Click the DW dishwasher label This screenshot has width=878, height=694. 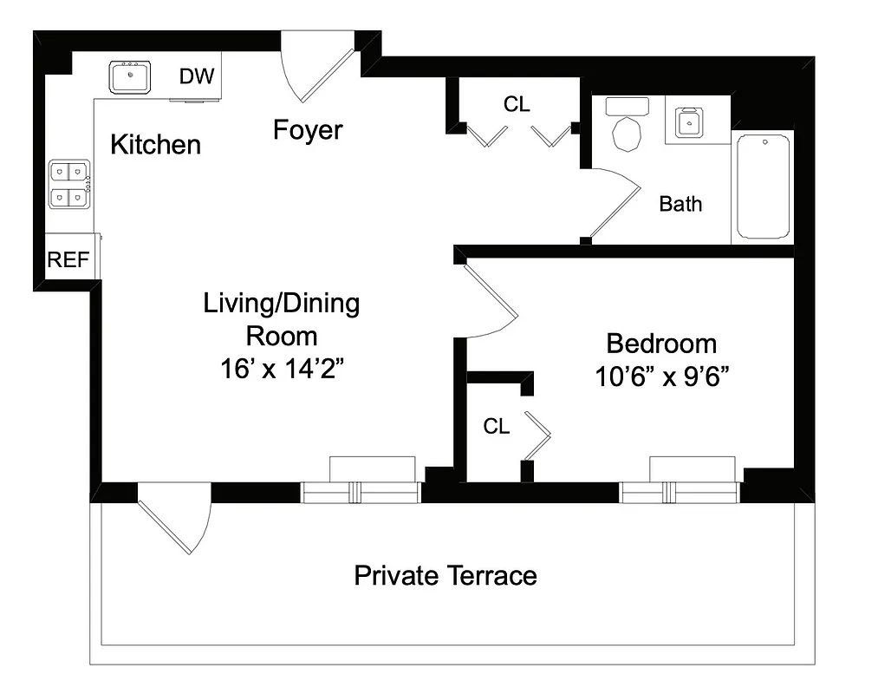[197, 76]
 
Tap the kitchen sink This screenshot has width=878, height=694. [131, 77]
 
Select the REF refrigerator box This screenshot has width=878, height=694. [68, 259]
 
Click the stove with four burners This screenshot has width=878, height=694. [69, 186]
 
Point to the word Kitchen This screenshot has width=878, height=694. [156, 145]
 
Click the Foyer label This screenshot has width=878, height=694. [308, 130]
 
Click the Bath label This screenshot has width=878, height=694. [680, 204]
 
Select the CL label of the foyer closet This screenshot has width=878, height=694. [517, 104]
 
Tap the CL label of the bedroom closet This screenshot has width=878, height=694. [497, 426]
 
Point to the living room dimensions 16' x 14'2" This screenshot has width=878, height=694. [282, 369]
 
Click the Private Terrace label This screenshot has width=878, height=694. [446, 575]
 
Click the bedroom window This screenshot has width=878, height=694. [680, 491]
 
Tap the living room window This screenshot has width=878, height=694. [361, 491]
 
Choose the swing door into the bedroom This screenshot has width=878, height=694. [491, 299]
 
